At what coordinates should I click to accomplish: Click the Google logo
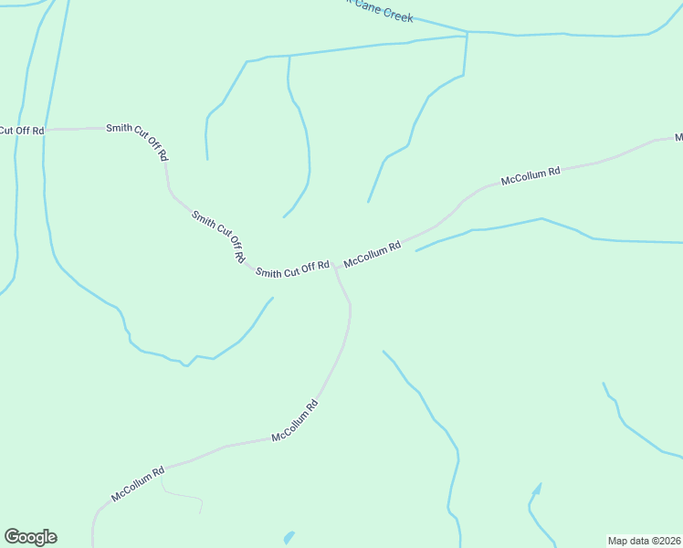click(30, 537)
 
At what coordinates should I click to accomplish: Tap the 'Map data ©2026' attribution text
click(644, 541)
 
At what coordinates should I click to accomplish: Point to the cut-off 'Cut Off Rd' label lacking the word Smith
click(21, 131)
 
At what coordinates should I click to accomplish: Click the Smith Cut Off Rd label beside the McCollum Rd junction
click(292, 269)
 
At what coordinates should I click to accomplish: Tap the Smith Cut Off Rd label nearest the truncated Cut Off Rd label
click(138, 142)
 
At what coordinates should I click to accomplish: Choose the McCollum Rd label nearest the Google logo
click(138, 484)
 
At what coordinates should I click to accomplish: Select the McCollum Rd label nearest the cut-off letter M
click(531, 176)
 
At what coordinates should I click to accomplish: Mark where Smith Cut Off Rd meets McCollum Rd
click(334, 266)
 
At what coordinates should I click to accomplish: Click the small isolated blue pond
click(289, 537)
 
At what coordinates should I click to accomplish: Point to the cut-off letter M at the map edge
click(678, 138)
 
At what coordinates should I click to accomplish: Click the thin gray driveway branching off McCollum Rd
click(183, 497)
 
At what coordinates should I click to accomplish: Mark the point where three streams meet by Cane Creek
click(468, 34)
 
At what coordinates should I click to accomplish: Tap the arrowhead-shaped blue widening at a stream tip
click(537, 489)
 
